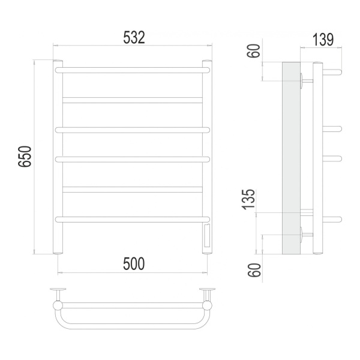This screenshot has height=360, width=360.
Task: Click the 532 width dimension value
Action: pyautogui.click(x=134, y=37)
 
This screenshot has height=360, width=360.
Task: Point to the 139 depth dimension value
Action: pyautogui.click(x=323, y=40)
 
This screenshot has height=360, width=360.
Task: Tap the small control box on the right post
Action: pyautogui.click(x=208, y=236)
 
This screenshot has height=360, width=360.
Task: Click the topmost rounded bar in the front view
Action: pyautogui.click(x=133, y=70)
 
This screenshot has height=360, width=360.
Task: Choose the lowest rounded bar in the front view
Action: pyautogui.click(x=133, y=219)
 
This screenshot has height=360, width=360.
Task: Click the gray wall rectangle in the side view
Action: pyautogui.click(x=291, y=157)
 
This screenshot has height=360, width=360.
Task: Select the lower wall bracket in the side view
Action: pyautogui.click(x=305, y=234)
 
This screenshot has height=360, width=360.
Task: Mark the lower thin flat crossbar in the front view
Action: pyautogui.click(x=133, y=189)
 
